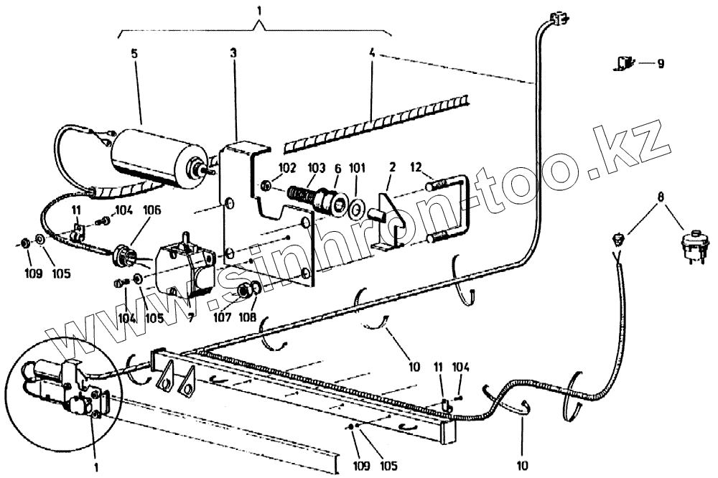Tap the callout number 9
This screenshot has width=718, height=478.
point(659,63)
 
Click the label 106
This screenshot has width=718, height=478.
point(151,210)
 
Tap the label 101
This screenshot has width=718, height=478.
point(355,169)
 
